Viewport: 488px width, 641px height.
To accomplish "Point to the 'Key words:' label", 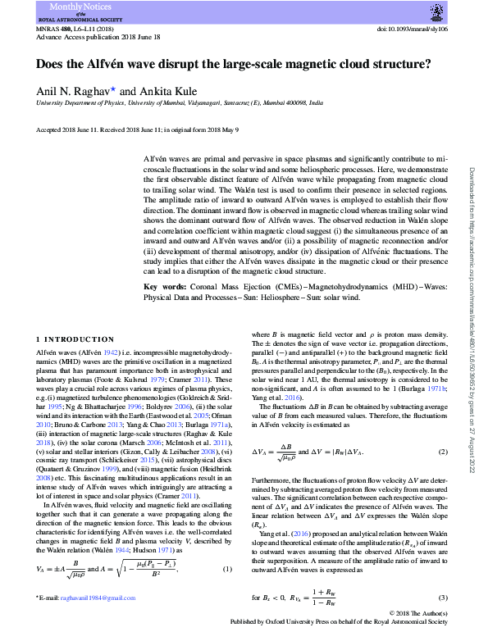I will [163, 287].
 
